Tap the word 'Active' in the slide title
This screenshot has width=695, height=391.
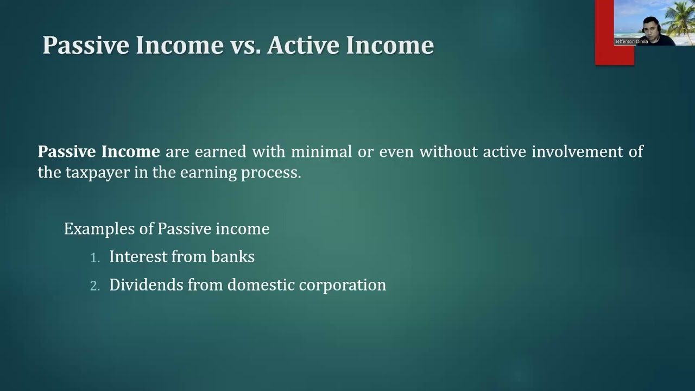[x=303, y=45]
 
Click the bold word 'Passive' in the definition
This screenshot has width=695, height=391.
[x=66, y=152]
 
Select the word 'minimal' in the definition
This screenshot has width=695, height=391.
[x=321, y=152]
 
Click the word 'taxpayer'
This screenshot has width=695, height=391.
[x=98, y=173]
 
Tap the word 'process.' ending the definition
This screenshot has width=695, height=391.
[x=271, y=173]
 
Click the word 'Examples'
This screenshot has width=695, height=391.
[x=99, y=229]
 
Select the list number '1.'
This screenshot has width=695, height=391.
[x=95, y=258]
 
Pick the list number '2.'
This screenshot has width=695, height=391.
[x=95, y=286]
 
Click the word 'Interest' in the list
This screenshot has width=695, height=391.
[x=138, y=257]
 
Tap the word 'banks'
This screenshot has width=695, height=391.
[x=233, y=257]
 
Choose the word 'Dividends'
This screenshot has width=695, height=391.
[x=146, y=285]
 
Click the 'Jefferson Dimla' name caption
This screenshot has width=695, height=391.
[x=631, y=42]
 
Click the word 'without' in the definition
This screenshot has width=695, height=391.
[x=448, y=152]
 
